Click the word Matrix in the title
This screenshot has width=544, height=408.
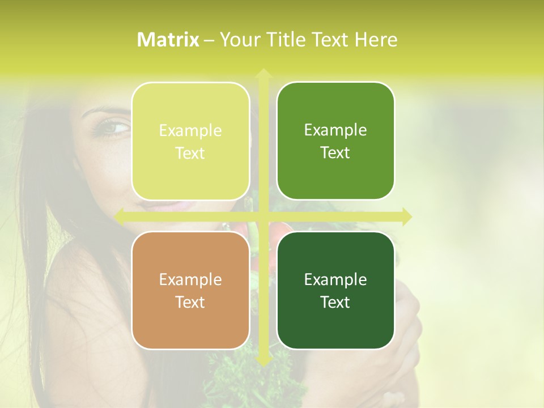(168, 40)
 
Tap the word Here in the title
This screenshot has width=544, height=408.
(376, 40)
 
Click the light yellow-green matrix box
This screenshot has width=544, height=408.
(190, 141)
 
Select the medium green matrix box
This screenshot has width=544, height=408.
(335, 141)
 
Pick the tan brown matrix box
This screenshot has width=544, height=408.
(190, 290)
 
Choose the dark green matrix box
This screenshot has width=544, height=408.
(335, 290)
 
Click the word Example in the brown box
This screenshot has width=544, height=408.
(190, 279)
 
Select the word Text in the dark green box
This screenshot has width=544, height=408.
(335, 302)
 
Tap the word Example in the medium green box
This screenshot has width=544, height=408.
(335, 130)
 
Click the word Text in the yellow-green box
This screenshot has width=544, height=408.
(190, 153)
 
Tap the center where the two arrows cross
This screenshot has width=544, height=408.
(263, 216)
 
